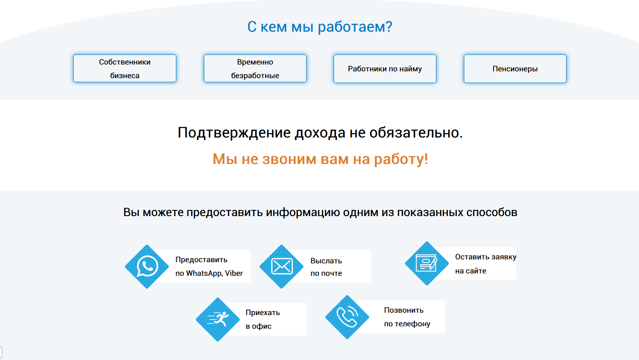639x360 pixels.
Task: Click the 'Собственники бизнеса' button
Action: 125,69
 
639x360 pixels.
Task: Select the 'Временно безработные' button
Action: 255,69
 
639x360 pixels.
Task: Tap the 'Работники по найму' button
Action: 385,69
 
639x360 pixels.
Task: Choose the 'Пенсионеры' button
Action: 515,69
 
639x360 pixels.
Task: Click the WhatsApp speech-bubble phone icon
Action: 147,266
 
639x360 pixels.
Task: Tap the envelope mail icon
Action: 282,266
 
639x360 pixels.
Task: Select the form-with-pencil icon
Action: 427,263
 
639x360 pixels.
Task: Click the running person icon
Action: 218,319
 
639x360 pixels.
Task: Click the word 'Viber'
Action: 234,273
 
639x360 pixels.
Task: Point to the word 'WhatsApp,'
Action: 204,273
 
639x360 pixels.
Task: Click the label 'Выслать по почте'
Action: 326,267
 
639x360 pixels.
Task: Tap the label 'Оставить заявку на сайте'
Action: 486,264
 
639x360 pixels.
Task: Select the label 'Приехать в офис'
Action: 262,320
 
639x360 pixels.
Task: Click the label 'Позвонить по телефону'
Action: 407,317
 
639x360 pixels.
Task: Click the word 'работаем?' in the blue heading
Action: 355,27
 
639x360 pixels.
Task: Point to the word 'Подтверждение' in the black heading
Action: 234,133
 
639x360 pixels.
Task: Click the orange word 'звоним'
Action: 289,159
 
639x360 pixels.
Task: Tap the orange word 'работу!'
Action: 401,159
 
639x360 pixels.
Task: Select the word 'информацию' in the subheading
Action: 302,212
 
